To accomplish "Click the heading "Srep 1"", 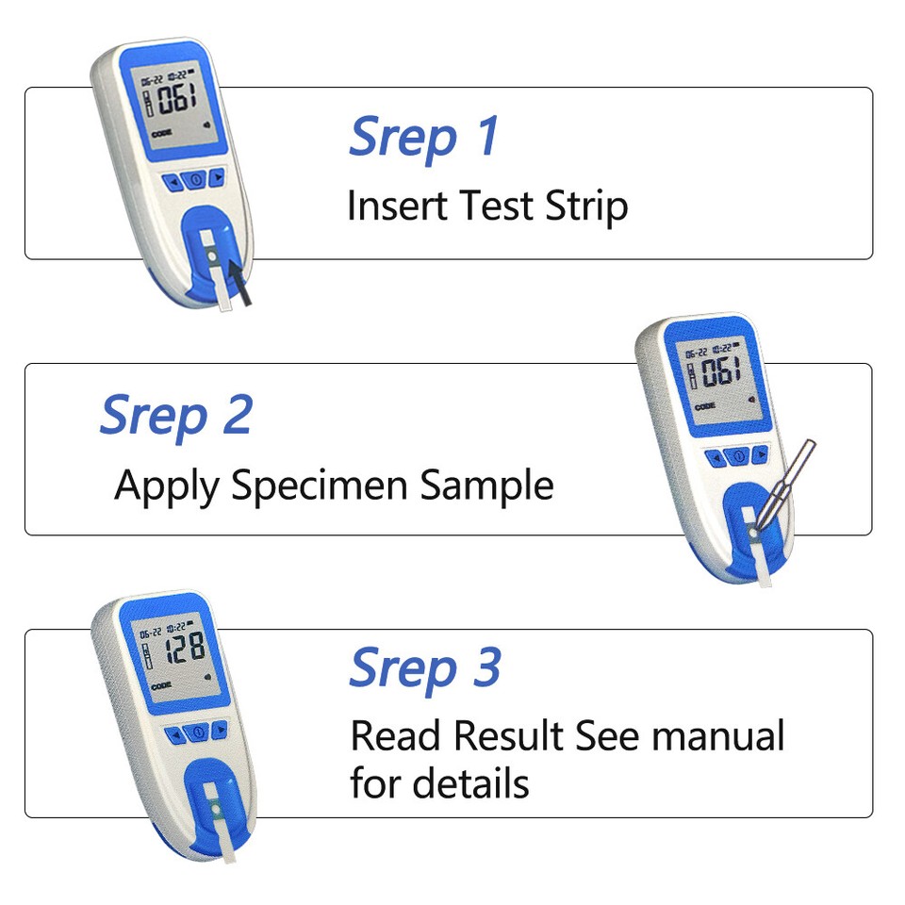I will [x=423, y=136].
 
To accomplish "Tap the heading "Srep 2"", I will [x=176, y=415].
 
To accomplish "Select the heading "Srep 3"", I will [x=425, y=668].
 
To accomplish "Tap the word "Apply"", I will [x=167, y=485].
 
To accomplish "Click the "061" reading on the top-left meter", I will [x=178, y=98].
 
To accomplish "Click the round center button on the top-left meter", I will [x=195, y=179].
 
